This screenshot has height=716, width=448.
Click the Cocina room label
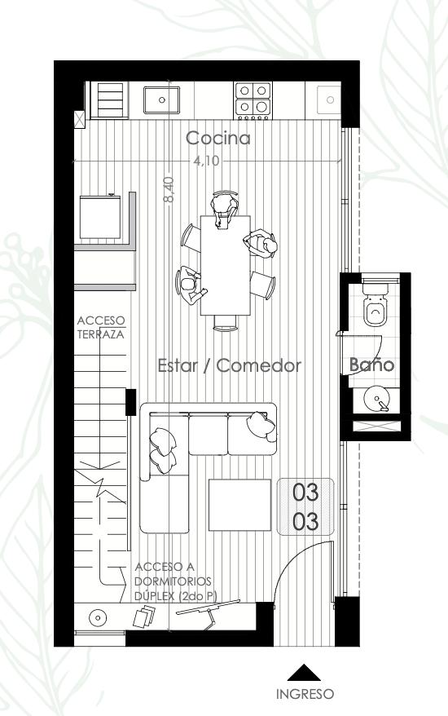coord(218,138)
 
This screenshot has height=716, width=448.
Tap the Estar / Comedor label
coord(230,365)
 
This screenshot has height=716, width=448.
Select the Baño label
coord(371,365)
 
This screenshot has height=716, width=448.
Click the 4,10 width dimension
coord(206,161)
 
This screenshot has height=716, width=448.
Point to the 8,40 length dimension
coord(169,190)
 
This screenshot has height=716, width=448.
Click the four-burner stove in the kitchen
coord(253,99)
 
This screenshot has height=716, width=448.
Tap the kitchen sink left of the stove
coord(161,100)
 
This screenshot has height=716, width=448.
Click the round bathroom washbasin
coord(376,399)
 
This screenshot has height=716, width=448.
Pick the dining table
coord(226,265)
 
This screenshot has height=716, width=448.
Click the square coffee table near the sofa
coord(239,505)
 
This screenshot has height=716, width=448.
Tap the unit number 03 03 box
coord(305,506)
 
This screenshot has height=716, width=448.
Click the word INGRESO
coord(305,694)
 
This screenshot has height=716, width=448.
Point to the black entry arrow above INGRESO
coord(304,673)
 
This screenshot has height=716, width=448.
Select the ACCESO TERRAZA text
coord(101,327)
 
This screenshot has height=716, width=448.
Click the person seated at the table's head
coord(225,209)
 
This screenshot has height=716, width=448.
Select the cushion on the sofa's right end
coord(261,426)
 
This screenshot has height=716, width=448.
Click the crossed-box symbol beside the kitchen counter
coord(79,120)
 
